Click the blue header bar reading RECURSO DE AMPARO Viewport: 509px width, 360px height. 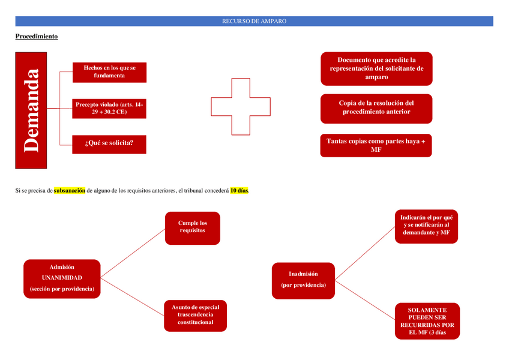pos(254,21)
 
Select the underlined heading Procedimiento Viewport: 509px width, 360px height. pos(37,37)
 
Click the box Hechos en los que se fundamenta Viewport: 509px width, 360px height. pos(109,72)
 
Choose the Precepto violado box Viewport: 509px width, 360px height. pos(109,109)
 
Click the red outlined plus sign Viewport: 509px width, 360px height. pos(240,106)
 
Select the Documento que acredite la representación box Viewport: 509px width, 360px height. pos(376,68)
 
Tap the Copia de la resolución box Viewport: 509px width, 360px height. pos(376,108)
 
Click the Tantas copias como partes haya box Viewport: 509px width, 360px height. pos(376,145)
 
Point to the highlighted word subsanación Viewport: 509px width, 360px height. pos(70,191)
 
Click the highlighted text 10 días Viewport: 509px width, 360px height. pos(239,191)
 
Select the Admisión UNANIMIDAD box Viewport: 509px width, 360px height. pos(62,278)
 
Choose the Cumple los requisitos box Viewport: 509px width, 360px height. pos(193,227)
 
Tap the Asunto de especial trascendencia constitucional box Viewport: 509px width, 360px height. pos(195,315)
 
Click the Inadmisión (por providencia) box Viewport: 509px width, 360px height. pos(303,279)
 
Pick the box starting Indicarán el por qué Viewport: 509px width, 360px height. pos(426,226)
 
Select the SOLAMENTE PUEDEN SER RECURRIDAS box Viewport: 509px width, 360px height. pos(427,321)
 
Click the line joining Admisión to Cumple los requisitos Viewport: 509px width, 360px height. pos(133,253)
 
